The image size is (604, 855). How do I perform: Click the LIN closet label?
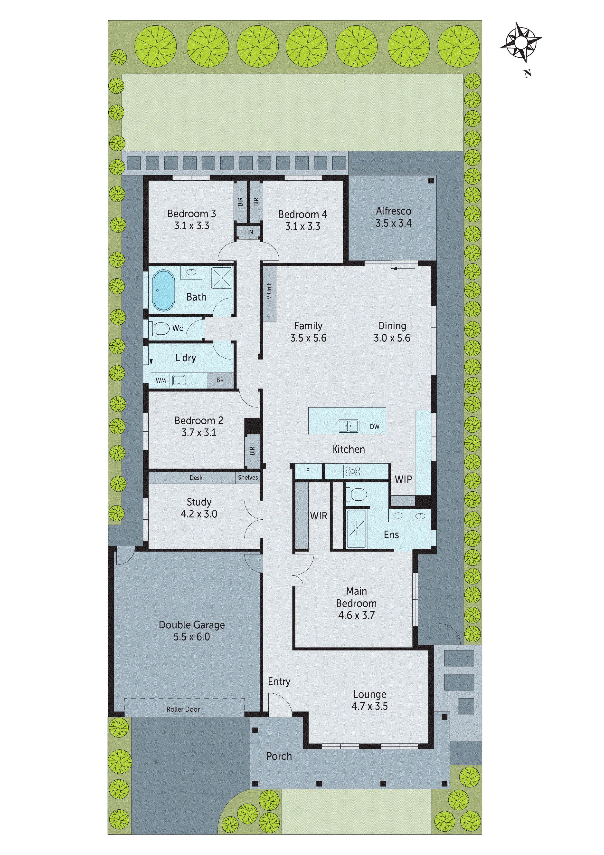tap(249, 232)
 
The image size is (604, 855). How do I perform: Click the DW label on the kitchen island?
tap(374, 427)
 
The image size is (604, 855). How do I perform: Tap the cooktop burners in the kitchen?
tap(353, 471)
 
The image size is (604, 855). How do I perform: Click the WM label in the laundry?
tap(161, 380)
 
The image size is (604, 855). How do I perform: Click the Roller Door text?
tap(183, 709)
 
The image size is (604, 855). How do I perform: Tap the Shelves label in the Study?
tap(248, 477)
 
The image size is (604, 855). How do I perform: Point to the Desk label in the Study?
tap(196, 478)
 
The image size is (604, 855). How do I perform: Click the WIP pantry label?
tap(403, 480)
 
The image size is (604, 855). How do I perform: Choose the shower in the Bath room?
tap(222, 278)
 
